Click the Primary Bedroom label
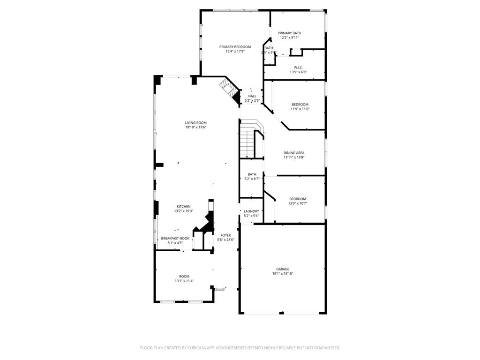(x=235, y=47)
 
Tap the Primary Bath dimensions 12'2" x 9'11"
(x=289, y=37)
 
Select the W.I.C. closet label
(x=298, y=67)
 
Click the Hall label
(x=252, y=96)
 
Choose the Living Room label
(x=195, y=123)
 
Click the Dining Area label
(x=294, y=153)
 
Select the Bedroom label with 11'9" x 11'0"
(x=300, y=105)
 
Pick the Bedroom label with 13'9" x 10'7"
(x=297, y=199)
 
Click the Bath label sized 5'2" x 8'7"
(x=252, y=174)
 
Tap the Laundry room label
(x=251, y=211)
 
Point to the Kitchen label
(x=183, y=207)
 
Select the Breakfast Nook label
(x=175, y=239)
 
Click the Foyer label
(x=226, y=235)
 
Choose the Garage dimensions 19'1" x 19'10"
(x=283, y=274)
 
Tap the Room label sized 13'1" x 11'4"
(x=184, y=277)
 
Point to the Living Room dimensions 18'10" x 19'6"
(x=195, y=127)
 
